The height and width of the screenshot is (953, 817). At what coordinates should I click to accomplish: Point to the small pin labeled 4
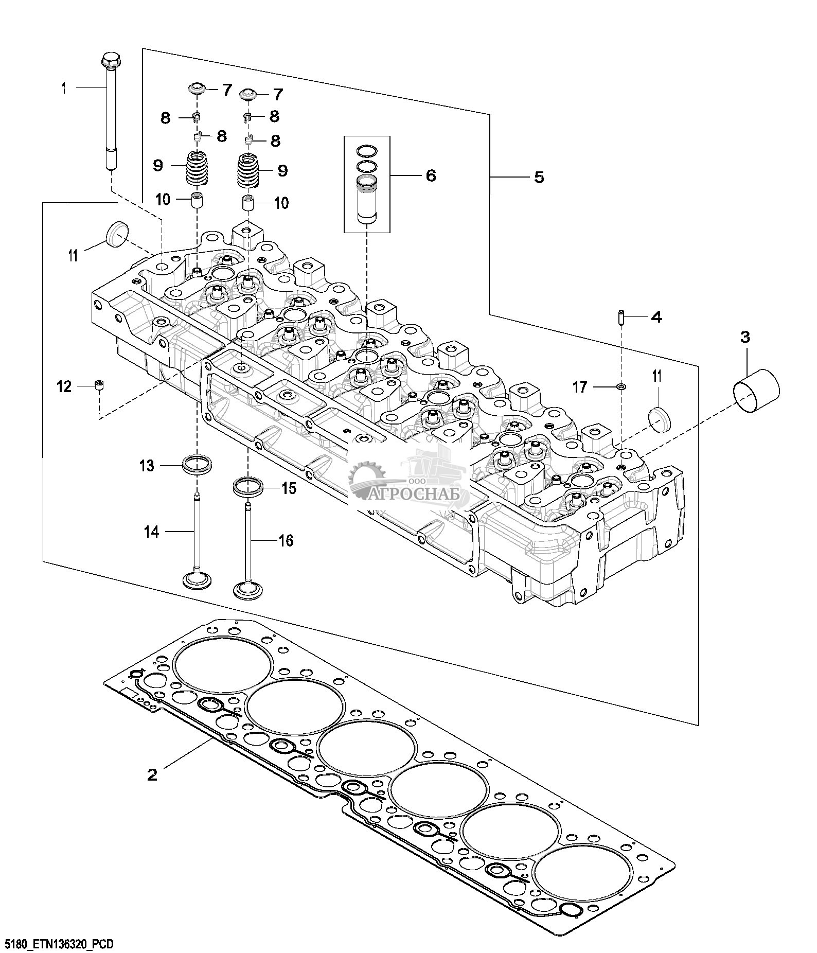point(621,316)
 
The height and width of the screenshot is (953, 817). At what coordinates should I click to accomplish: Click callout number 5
point(539,178)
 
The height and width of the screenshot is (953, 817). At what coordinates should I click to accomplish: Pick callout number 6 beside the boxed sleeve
point(430,175)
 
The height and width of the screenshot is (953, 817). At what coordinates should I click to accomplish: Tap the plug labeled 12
point(99,385)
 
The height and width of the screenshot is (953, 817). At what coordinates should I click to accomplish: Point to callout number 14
point(151,532)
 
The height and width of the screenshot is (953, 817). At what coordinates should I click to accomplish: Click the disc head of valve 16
point(248,590)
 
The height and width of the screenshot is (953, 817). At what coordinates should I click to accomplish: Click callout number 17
point(580,387)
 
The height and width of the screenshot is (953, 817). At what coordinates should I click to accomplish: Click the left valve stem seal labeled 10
point(197,201)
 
